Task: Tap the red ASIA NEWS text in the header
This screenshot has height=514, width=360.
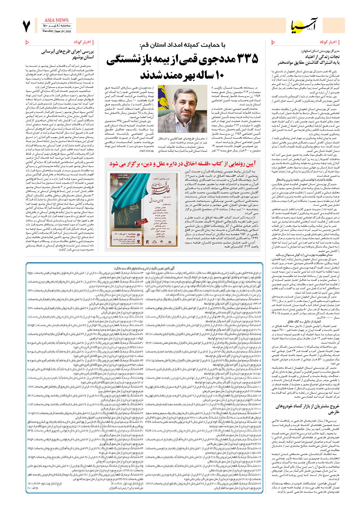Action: click(56, 20)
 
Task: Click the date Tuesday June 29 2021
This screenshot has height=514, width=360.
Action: click(56, 31)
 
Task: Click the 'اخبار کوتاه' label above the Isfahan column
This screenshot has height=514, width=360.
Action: click(328, 42)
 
